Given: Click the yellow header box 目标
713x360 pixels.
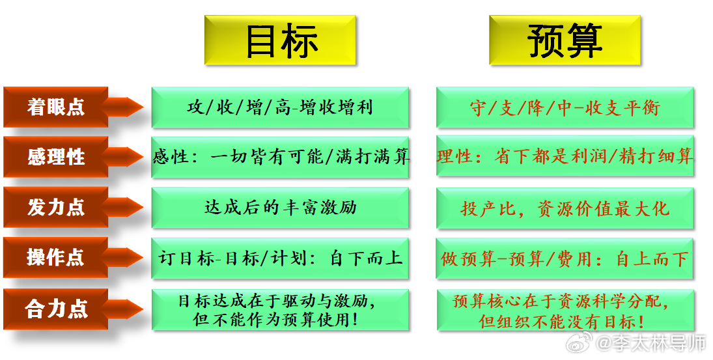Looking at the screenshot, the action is pos(280,40).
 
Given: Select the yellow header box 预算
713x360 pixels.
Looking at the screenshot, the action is pos(565,40).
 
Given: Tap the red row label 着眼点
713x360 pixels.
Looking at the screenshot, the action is pos(55,107).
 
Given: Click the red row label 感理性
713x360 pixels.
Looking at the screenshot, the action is pos(55,157).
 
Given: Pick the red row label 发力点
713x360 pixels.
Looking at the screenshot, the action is pos(55,207).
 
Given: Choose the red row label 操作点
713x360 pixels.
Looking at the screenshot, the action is pos(55,257).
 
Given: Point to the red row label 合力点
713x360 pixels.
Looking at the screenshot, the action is pos(55,309).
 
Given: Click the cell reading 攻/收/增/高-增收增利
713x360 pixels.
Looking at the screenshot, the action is pos(280,107).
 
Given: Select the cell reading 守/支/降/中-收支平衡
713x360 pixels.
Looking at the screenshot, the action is pos(565,107).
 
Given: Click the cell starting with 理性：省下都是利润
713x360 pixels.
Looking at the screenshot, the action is pos(565,156).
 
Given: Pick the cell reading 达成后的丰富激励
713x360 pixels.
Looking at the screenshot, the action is pos(280,208).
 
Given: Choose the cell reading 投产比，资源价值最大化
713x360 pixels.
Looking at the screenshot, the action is pos(565,208).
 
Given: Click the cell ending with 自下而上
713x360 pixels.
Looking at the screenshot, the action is pos(280,258).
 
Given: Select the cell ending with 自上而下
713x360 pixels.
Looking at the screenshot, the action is pos(565,258).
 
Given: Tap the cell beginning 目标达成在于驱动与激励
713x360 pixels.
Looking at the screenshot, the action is pos(280,310).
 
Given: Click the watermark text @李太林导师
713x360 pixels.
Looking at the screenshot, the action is pos(650,343).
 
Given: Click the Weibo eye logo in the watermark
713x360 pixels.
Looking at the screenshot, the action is pos(579,342).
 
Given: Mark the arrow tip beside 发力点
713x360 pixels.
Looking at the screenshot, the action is pos(143,207).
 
